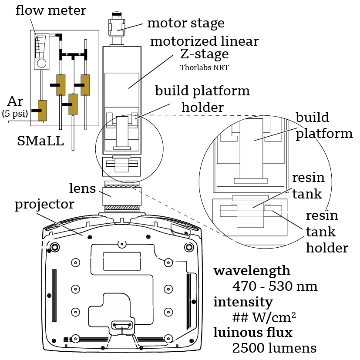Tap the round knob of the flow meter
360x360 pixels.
[42, 63]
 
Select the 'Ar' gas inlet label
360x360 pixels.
[15, 102]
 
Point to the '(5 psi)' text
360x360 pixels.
[15, 114]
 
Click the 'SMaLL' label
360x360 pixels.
[40, 140]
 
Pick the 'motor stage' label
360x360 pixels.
[185, 23]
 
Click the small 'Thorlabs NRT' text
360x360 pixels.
[204, 67]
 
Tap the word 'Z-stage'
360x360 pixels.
[204, 55]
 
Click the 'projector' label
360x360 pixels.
[44, 204]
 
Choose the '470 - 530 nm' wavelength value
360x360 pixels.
[275, 286]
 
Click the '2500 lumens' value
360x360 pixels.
[274, 348]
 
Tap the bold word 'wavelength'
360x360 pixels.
[252, 271]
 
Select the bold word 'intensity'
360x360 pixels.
[243, 302]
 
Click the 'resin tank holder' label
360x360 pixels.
[327, 232]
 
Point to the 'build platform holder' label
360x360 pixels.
[202, 98]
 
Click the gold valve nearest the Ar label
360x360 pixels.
[42, 110]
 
